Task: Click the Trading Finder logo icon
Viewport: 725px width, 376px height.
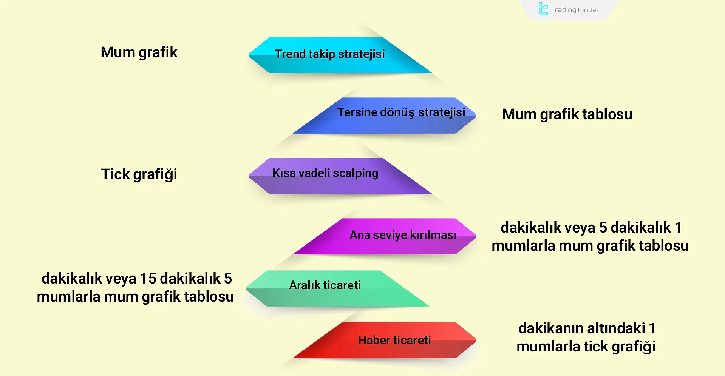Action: (543, 9)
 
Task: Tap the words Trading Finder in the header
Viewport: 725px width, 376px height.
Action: (575, 10)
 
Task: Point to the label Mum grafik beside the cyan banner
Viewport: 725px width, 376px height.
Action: (139, 52)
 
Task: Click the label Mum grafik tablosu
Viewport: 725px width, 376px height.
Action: (567, 114)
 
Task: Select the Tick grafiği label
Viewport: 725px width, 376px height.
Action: (139, 174)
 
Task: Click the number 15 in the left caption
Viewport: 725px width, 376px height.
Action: (148, 279)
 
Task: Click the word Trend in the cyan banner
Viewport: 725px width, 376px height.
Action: (290, 54)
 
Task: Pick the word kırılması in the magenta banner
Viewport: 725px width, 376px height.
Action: (433, 235)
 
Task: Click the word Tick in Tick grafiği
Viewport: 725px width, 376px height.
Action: (115, 174)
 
